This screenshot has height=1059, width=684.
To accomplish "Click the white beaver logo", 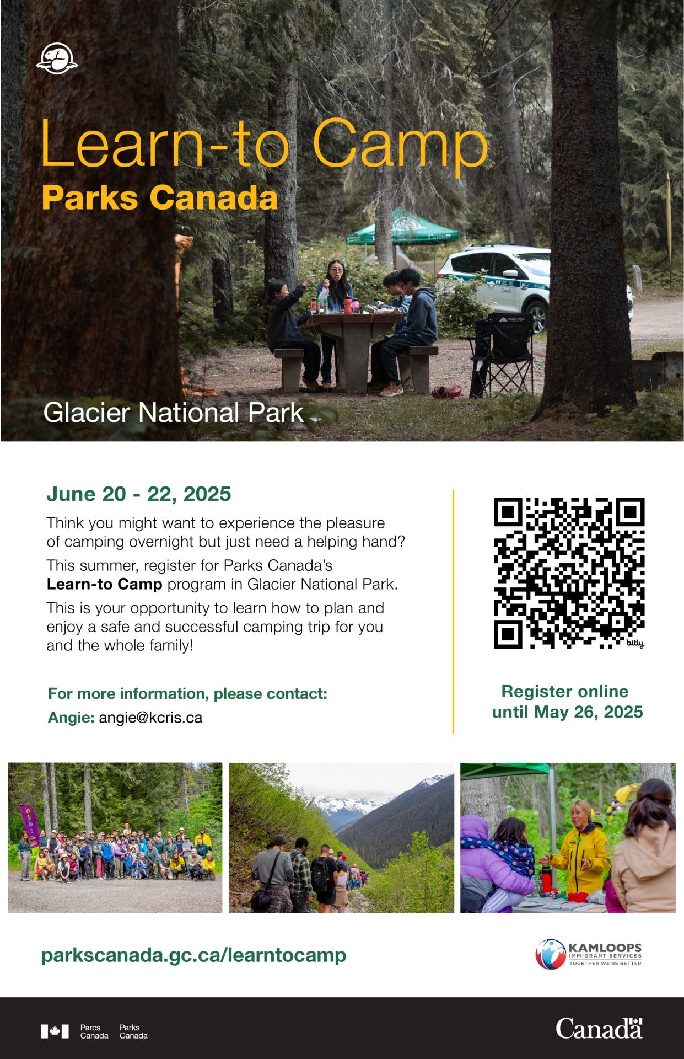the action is click(57, 58).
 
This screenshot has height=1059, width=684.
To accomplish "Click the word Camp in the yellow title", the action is click(400, 145).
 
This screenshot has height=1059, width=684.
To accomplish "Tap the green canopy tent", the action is click(403, 228).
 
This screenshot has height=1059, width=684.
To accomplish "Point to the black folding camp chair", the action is click(503, 353).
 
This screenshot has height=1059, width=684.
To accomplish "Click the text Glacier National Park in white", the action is click(174, 413).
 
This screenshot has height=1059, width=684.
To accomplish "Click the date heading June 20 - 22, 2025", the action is click(138, 494).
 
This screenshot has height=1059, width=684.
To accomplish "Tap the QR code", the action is click(569, 573).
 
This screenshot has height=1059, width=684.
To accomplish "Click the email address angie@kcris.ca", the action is click(150, 718).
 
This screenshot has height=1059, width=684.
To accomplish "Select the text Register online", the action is click(565, 691).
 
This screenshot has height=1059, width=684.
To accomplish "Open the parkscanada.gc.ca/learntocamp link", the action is click(194, 955).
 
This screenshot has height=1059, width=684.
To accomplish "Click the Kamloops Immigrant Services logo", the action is click(589, 954).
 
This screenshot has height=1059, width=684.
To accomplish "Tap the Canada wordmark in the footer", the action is click(599, 1029).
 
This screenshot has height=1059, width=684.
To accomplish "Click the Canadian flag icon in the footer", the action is click(55, 1031).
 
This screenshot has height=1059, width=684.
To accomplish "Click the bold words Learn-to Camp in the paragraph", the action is click(104, 584).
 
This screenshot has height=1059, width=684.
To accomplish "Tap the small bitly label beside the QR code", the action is click(635, 643).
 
